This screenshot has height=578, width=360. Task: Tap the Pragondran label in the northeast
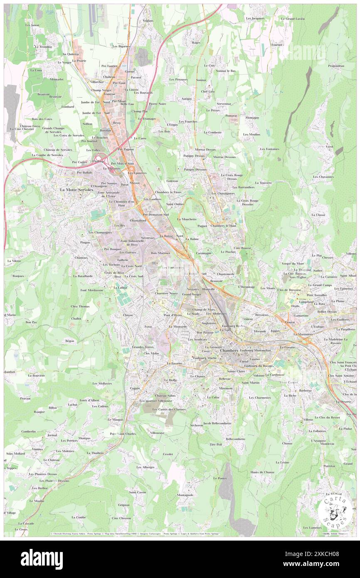[336, 66]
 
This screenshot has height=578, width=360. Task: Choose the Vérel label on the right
[330, 147]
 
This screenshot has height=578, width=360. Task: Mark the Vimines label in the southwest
[37, 449]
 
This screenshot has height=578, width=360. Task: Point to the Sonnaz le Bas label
[225, 71]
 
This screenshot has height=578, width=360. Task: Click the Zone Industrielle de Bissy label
[132, 243]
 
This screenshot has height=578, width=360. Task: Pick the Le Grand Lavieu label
[293, 19]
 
